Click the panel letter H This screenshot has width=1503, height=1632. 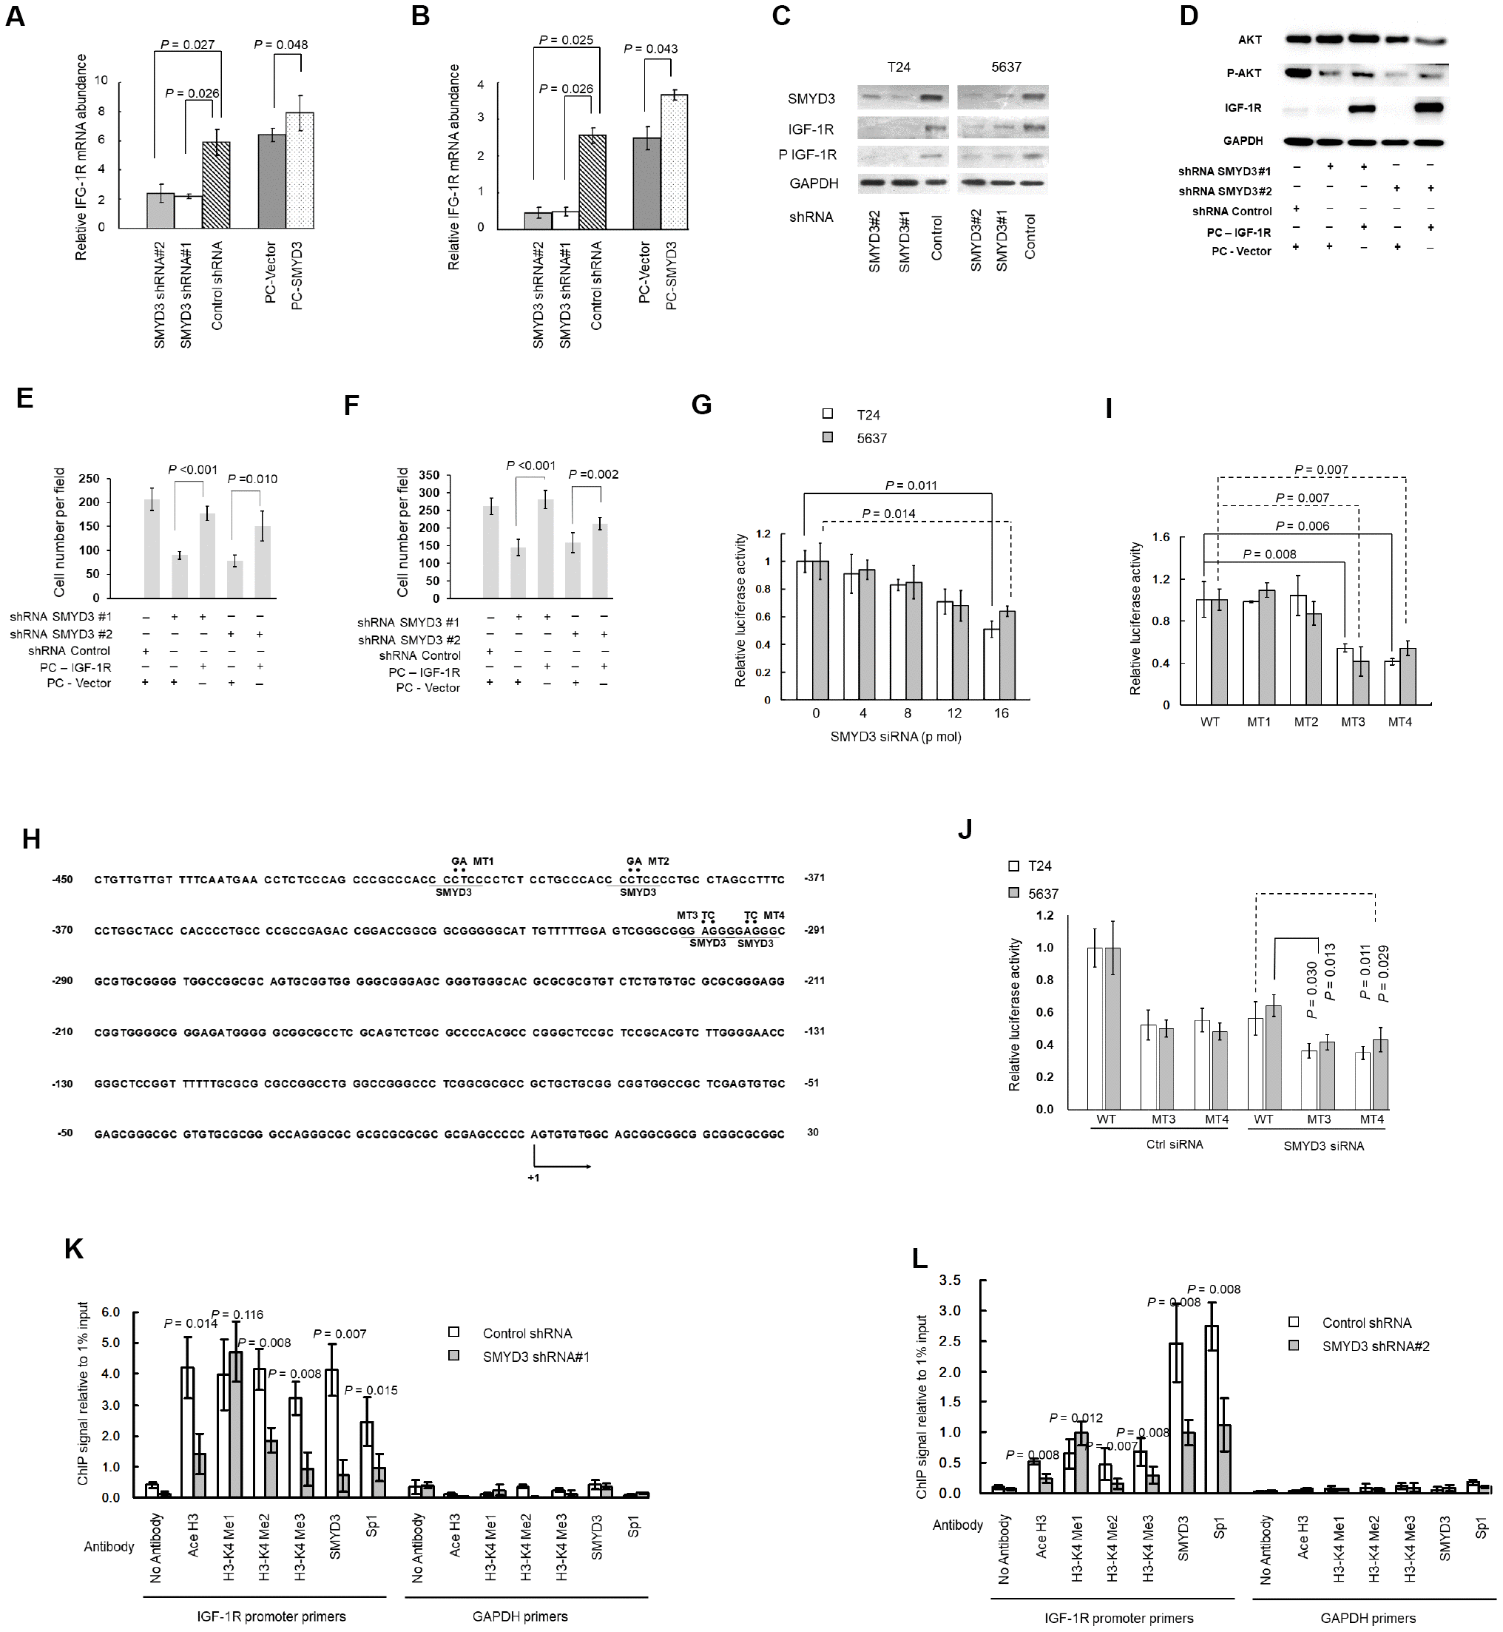click(31, 840)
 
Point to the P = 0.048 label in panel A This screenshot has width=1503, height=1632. click(280, 44)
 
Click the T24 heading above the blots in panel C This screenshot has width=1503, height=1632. click(899, 67)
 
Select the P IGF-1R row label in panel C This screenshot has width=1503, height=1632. click(811, 155)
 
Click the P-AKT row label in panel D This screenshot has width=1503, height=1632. click(1243, 73)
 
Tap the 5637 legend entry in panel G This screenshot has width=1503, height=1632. click(871, 439)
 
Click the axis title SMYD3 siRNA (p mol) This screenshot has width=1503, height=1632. click(896, 737)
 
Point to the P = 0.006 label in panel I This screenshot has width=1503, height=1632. click(1302, 527)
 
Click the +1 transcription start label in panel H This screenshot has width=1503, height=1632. click(533, 1177)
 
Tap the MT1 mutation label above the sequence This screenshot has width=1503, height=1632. click(483, 860)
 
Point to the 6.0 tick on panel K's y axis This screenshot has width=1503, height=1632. click(109, 1312)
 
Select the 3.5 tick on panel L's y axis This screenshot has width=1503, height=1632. click(950, 1281)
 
